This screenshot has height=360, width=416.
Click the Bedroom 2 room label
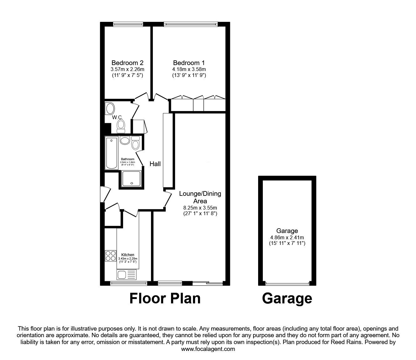(x=127, y=63)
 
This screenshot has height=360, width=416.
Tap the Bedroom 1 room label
(x=189, y=63)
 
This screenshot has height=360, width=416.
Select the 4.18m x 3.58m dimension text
(x=189, y=69)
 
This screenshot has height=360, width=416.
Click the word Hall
(x=155, y=164)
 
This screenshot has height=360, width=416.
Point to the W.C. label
(x=117, y=117)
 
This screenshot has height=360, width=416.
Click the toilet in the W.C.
(x=121, y=126)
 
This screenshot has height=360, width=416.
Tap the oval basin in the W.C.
(x=110, y=109)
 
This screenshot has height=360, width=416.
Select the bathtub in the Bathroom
(x=112, y=152)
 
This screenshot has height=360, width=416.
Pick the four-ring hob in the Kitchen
(x=110, y=256)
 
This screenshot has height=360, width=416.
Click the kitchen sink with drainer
(x=127, y=275)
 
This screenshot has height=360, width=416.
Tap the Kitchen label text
(x=128, y=255)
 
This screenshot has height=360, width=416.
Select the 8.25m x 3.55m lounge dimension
(x=200, y=207)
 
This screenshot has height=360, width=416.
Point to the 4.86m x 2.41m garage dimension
(x=287, y=237)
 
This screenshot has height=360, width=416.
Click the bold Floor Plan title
(x=165, y=298)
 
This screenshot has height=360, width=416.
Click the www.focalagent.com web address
(x=208, y=349)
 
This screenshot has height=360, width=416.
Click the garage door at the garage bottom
(x=287, y=284)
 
